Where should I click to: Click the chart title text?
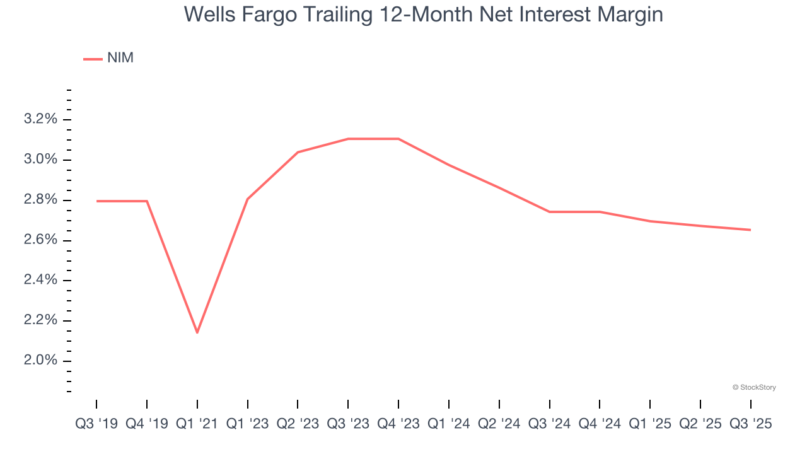click(x=423, y=14)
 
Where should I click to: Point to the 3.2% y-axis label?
click(x=41, y=119)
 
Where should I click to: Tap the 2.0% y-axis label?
click(x=41, y=361)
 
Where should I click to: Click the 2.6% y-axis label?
click(x=41, y=240)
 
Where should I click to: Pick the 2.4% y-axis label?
click(x=41, y=280)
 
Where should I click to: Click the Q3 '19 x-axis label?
click(x=96, y=424)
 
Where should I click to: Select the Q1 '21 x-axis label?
click(x=197, y=424)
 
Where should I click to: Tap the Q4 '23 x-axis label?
click(x=398, y=424)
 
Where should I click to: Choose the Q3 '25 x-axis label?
click(x=750, y=424)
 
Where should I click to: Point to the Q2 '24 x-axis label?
click(x=499, y=424)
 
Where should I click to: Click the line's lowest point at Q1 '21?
click(x=197, y=332)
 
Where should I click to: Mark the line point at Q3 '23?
click(x=348, y=139)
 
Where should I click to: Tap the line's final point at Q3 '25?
click(x=750, y=230)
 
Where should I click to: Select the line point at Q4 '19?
click(x=147, y=201)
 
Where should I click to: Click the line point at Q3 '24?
click(x=549, y=212)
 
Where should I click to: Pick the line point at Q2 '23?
click(x=298, y=152)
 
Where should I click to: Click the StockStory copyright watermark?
click(x=754, y=387)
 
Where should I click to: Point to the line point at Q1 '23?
click(x=248, y=199)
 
